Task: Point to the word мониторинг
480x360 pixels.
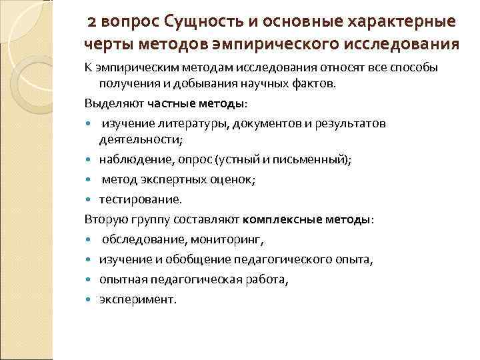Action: click(x=229, y=238)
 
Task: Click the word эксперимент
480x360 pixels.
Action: click(x=138, y=299)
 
